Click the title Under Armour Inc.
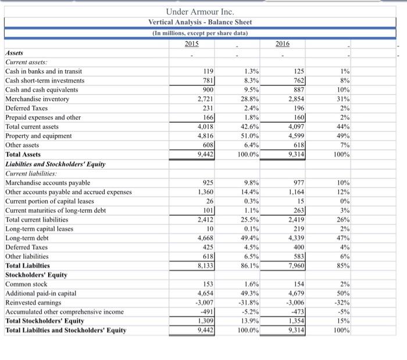pos(200,11)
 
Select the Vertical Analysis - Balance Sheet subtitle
pos(200,22)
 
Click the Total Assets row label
pos(23,155)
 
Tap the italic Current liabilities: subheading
pos(31,173)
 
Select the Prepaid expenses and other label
pos(43,117)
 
